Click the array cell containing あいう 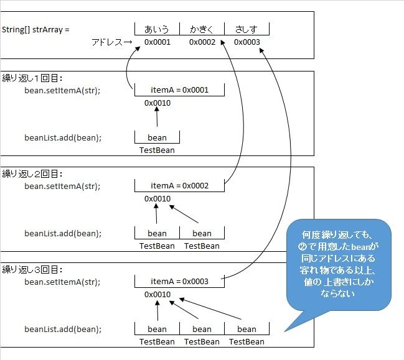click(157, 29)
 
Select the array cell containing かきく click(202, 29)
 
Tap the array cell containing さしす click(247, 29)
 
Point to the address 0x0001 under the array click(157, 42)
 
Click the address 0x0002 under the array click(202, 42)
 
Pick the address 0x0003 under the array click(247, 42)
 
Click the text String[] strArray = click(35, 29)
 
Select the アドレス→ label click(111, 42)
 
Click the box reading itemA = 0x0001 click(179, 90)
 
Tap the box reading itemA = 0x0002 click(179, 186)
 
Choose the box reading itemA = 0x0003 click(179, 282)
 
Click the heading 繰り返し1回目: click(32, 78)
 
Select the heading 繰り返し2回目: click(32, 174)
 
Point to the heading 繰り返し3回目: click(32, 270)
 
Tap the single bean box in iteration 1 click(157, 137)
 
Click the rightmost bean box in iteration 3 click(247, 329)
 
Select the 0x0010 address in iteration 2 click(157, 199)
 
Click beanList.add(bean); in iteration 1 click(63, 137)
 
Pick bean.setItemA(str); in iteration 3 click(62, 282)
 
